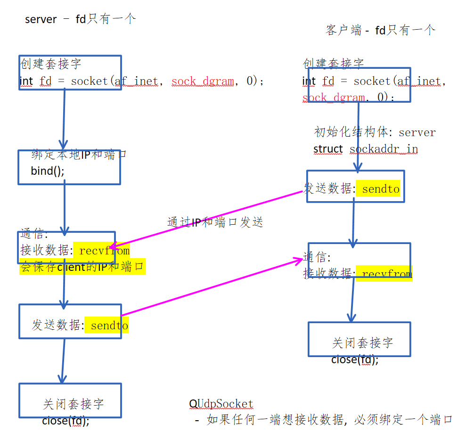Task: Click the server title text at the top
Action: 80,19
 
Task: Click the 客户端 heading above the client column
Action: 380,31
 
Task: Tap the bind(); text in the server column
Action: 48,171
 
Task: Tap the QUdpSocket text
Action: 221,404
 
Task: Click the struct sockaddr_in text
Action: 366,149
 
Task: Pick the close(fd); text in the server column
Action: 65,420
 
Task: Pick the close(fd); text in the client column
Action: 355,360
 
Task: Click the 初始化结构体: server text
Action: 375,132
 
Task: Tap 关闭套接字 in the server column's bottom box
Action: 73,404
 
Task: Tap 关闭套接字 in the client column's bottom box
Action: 362,343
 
